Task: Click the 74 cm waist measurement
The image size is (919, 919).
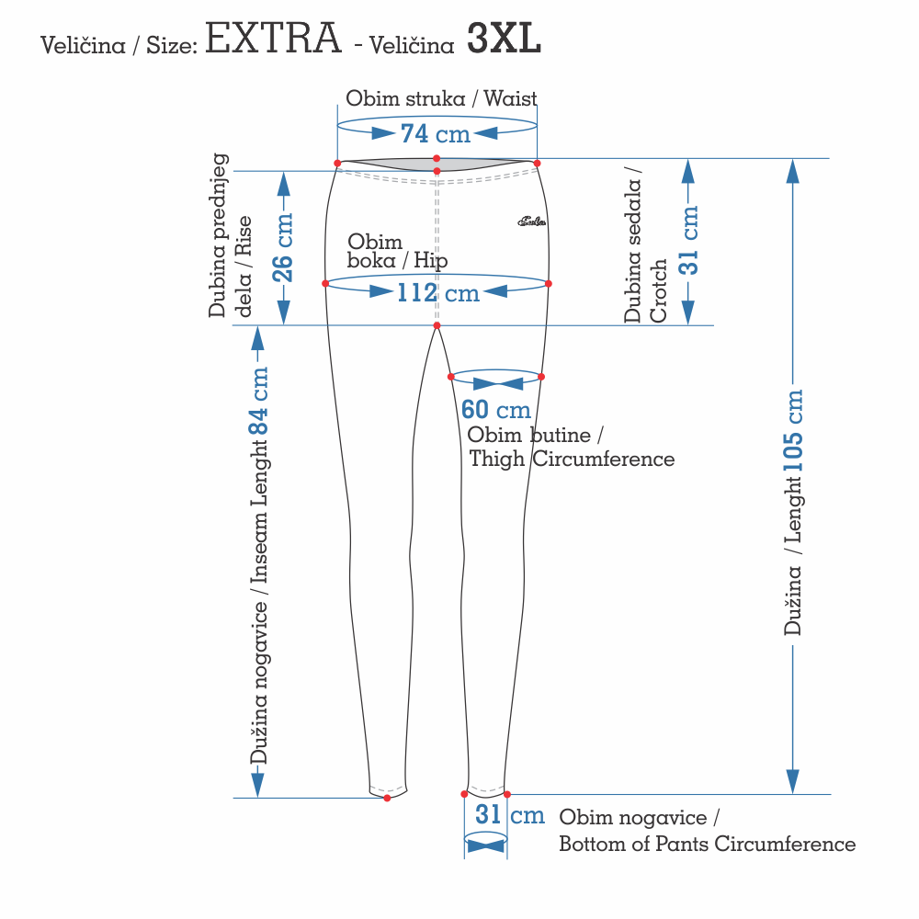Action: [x=436, y=134]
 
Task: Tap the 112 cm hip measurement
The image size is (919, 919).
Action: [x=438, y=293]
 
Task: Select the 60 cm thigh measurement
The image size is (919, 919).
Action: [x=495, y=410]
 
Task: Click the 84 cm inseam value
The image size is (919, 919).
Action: [x=260, y=402]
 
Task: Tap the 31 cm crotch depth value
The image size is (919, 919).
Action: [x=689, y=240]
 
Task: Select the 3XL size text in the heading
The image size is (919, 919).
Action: [x=504, y=40]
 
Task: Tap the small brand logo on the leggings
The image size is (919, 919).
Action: [x=532, y=221]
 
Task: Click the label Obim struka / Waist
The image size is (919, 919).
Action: [x=441, y=98]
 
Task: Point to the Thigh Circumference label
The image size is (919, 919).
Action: [x=572, y=459]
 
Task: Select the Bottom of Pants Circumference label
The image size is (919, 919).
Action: [x=707, y=844]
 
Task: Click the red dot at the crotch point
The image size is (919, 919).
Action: [x=437, y=325]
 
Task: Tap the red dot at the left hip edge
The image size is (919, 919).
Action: [x=325, y=283]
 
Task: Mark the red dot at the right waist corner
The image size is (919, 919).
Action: [x=537, y=163]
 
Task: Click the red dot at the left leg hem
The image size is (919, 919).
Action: [x=387, y=798]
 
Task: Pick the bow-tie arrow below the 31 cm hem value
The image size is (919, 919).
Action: [x=485, y=844]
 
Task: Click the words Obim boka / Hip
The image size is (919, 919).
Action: [x=397, y=251]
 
